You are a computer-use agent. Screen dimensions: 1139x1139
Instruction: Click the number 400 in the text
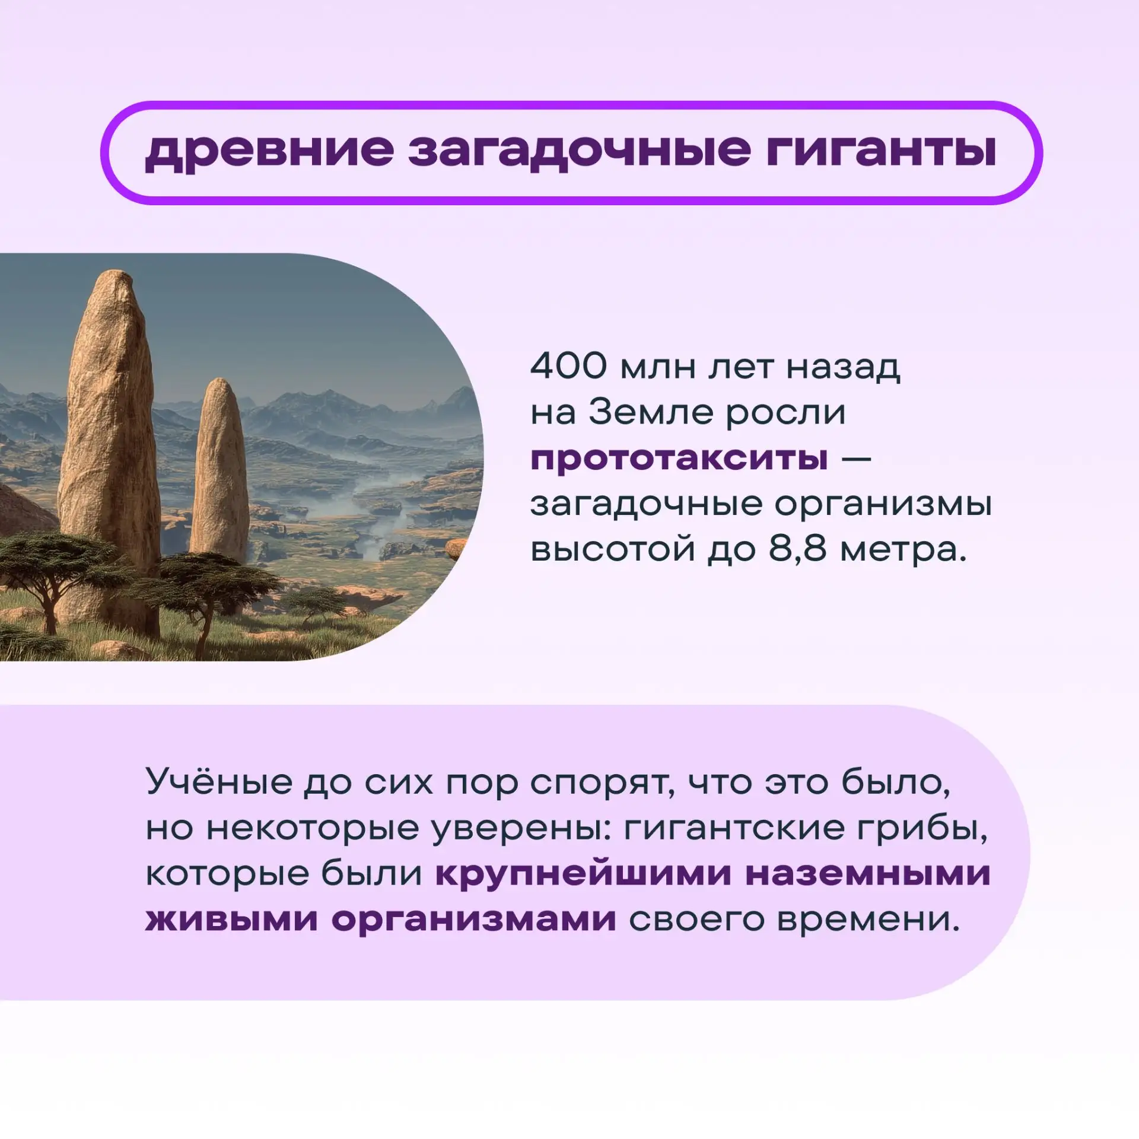569,366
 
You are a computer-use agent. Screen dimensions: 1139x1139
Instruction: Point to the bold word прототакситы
680,458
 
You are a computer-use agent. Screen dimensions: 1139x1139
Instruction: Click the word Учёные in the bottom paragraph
219,782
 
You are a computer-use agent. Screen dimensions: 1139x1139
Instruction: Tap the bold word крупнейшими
583,874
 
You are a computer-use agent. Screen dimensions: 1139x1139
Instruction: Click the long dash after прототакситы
857,459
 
